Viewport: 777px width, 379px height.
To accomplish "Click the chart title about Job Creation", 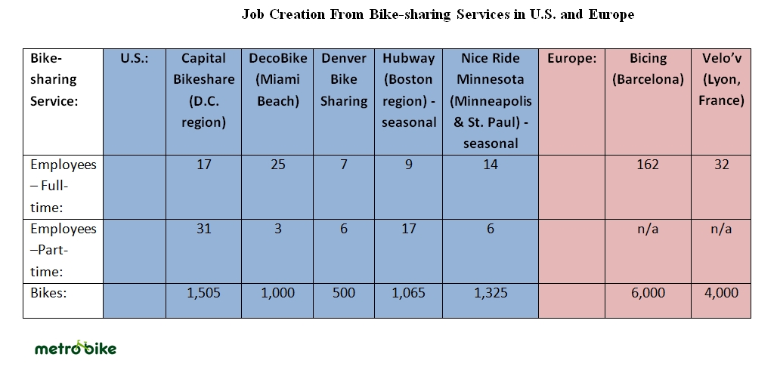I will pyautogui.click(x=438, y=14).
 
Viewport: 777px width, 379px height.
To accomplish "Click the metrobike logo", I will pyautogui.click(x=76, y=348).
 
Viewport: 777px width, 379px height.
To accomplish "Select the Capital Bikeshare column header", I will pyautogui.click(x=203, y=90).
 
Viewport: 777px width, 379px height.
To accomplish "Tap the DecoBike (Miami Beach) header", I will pyautogui.click(x=278, y=79).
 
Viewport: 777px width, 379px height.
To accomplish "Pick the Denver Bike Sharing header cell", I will pyautogui.click(x=344, y=79).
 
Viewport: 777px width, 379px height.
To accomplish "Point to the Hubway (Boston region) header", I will pyautogui.click(x=409, y=90).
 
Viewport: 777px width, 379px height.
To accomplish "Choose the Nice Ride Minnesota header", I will pyautogui.click(x=491, y=100).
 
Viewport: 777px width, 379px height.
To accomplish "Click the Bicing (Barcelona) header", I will pyautogui.click(x=648, y=69).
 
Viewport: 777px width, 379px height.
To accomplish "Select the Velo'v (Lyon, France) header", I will pyautogui.click(x=721, y=79).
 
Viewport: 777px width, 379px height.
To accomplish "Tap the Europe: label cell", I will pyautogui.click(x=571, y=58).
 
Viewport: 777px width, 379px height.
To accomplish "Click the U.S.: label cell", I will pyautogui.click(x=135, y=58).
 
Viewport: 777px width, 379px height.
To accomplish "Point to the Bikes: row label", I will pyautogui.click(x=49, y=293).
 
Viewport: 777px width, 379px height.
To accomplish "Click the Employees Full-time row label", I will pyautogui.click(x=63, y=186).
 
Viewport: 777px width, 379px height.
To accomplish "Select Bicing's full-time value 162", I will pyautogui.click(x=648, y=165).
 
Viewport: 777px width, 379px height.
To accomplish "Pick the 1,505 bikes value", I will pyautogui.click(x=203, y=293).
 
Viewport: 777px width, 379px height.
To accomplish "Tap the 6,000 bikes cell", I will pyautogui.click(x=648, y=293).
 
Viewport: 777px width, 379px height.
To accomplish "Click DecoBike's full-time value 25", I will pyautogui.click(x=278, y=165).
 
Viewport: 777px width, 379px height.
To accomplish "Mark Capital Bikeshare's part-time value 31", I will pyautogui.click(x=203, y=229).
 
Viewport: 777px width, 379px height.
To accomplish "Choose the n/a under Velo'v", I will pyautogui.click(x=721, y=229).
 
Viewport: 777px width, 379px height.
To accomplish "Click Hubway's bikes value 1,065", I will pyautogui.click(x=409, y=293).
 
